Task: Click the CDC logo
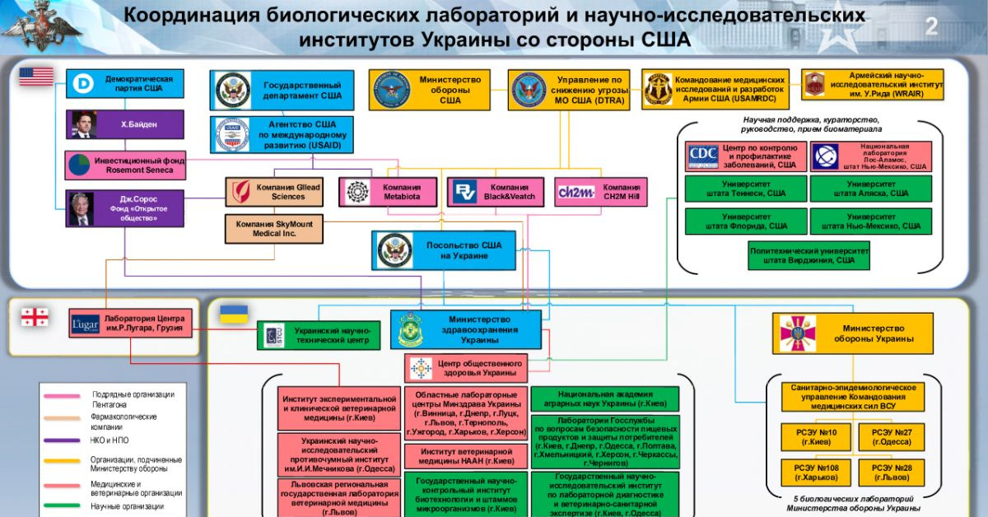click(x=703, y=156)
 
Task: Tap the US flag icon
click(x=35, y=77)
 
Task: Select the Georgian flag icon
click(x=35, y=317)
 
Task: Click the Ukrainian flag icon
click(x=233, y=314)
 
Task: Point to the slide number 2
click(x=932, y=26)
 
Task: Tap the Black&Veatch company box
click(x=496, y=192)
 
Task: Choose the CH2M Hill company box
click(x=601, y=192)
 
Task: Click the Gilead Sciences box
click(x=273, y=192)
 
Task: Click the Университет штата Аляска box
click(x=871, y=189)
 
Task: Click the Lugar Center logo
click(x=85, y=324)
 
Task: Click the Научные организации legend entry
click(x=115, y=506)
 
